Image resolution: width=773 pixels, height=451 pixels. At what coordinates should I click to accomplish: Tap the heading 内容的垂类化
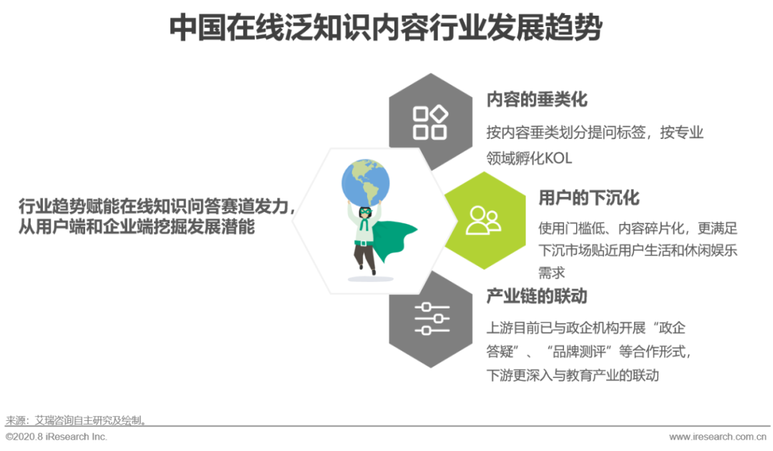click(537, 100)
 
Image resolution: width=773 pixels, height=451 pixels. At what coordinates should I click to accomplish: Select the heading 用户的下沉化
click(588, 198)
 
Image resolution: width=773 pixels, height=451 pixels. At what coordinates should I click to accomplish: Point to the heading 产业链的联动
click(537, 296)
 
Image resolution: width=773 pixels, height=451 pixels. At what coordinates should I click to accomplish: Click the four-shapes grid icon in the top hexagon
click(430, 122)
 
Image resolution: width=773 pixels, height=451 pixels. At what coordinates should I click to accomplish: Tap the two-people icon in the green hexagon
click(483, 220)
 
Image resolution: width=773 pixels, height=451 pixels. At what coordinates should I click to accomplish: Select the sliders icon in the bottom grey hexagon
click(432, 319)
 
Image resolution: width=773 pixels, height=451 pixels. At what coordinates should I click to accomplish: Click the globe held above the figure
click(365, 182)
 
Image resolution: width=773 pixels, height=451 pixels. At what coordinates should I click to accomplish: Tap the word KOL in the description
click(558, 158)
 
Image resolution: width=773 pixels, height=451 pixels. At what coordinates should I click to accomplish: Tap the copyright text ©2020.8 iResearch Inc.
click(57, 437)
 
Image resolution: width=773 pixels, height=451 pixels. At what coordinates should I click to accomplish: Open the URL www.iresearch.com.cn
click(718, 437)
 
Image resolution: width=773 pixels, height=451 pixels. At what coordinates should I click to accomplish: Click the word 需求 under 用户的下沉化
click(551, 273)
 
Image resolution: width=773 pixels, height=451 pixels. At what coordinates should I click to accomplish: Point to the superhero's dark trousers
click(364, 256)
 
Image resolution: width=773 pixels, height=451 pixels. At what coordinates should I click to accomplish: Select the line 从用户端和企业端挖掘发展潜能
click(137, 227)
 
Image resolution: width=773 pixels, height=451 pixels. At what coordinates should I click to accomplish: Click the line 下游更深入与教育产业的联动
click(573, 375)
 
